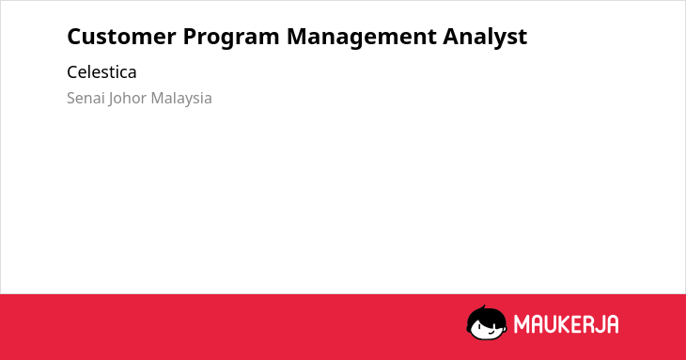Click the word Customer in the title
pos(121,37)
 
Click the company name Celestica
pos(101,72)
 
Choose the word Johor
pos(127,99)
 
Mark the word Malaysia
pos(181,99)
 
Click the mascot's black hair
pos(486,316)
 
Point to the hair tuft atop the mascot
pos(483,307)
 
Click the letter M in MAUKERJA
pos(522,324)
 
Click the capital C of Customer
pos(74,37)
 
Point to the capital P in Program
pos(191,37)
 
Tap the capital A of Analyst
pos(451,37)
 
